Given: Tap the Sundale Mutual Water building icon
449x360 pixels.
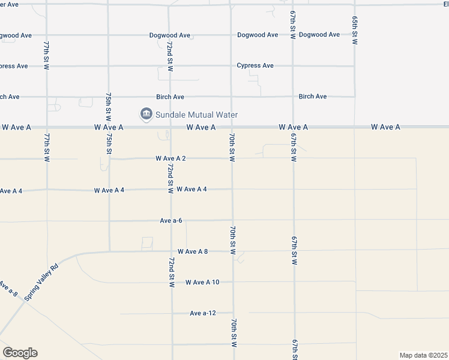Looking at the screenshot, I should click(x=145, y=114).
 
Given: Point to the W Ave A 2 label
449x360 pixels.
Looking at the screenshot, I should click(x=170, y=158).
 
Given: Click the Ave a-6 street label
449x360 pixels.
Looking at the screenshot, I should click(x=171, y=220).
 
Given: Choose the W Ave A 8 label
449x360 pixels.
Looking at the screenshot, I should click(x=192, y=251).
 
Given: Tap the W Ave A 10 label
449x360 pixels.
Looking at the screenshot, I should click(x=202, y=282).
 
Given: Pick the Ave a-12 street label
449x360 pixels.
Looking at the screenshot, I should click(x=202, y=313).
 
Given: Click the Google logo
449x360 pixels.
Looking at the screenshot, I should click(x=20, y=353).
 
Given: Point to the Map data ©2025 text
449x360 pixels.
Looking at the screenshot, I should click(x=423, y=355).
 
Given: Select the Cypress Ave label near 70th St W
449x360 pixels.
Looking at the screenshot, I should click(x=255, y=65).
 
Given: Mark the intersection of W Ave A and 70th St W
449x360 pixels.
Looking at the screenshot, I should click(x=232, y=127).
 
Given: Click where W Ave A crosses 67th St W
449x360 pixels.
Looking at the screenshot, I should click(x=293, y=127).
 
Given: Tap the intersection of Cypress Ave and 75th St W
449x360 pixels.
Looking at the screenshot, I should click(x=109, y=65).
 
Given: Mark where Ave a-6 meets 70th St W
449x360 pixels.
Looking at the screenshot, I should click(x=232, y=220).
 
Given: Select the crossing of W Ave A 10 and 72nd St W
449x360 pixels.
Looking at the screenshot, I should click(x=172, y=282).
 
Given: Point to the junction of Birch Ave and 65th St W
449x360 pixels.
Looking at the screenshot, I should click(x=355, y=97).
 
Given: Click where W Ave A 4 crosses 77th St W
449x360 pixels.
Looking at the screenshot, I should click(x=47, y=190).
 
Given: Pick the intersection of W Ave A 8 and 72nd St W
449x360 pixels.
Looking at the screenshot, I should click(x=171, y=251).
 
